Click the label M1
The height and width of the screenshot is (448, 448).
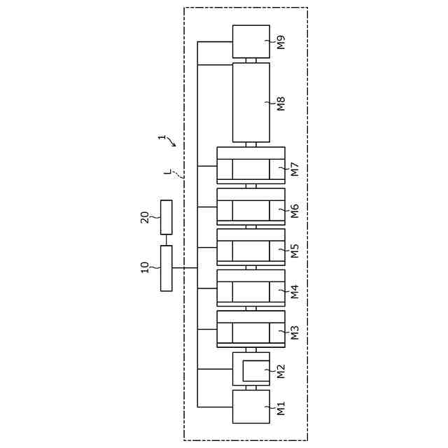point(281,408)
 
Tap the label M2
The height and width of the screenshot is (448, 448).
point(281,371)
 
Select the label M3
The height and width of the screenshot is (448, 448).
point(295,332)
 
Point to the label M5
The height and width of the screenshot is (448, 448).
point(295,251)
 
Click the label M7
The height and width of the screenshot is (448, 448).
point(295,169)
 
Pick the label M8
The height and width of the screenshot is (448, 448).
point(281,104)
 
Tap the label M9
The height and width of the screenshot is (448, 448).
point(281,42)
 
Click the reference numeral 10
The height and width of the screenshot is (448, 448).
point(145,267)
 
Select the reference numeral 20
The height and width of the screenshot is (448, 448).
point(145,217)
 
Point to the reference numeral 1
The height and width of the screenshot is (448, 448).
point(162,137)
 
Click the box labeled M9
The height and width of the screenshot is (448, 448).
point(251,41)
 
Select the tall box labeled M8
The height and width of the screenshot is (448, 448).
point(251,102)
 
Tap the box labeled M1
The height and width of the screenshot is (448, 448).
point(251,407)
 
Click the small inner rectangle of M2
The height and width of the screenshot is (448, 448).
point(255,371)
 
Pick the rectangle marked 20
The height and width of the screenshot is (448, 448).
point(166,217)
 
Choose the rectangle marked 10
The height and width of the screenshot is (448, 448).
point(166,267)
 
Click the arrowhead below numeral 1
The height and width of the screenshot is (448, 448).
point(174,145)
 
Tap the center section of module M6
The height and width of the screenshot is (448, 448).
point(251,210)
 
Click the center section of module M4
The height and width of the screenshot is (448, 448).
point(251,291)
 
